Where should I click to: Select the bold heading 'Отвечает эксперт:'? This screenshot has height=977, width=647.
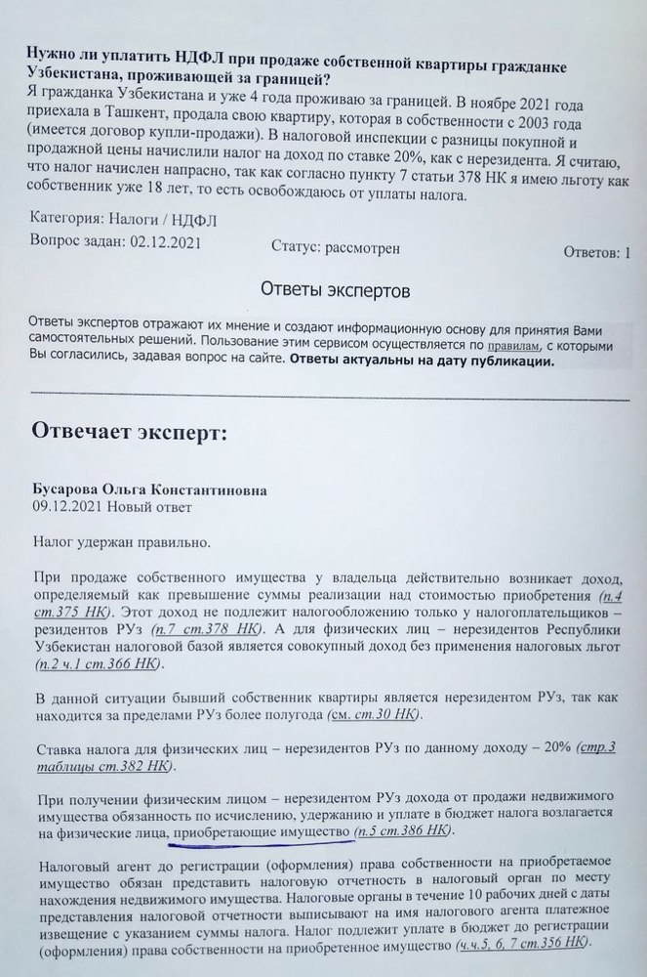129,432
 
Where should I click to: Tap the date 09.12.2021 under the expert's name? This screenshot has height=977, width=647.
67,506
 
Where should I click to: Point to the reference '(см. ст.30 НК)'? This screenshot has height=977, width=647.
374,716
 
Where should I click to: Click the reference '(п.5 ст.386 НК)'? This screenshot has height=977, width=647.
404,831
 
